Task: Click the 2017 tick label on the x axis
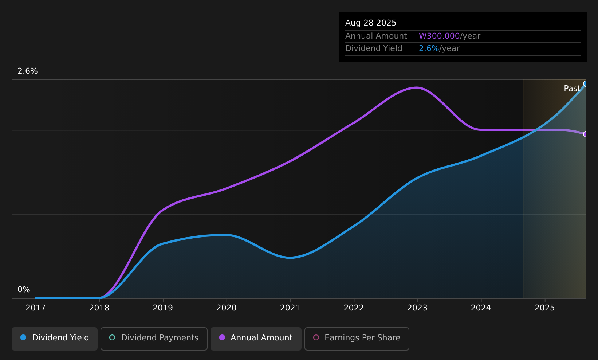pos(35,308)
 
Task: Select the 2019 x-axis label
pos(163,308)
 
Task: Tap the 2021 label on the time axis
pos(290,308)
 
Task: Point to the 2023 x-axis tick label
pos(417,308)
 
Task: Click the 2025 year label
pos(544,308)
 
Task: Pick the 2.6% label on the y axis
pos(28,71)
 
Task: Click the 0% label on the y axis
pos(24,290)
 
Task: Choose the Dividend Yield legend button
pos(55,339)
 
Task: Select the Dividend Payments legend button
pos(154,339)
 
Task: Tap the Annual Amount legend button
pos(256,339)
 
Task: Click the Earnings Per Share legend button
pos(357,339)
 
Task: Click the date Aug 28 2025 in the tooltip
pos(370,23)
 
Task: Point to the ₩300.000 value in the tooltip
pos(439,36)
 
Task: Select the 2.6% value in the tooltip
pos(429,48)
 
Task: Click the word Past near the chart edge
pos(572,89)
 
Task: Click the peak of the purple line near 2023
pos(417,87)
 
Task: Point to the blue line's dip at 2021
pos(290,258)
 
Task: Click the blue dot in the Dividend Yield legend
pos(24,337)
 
